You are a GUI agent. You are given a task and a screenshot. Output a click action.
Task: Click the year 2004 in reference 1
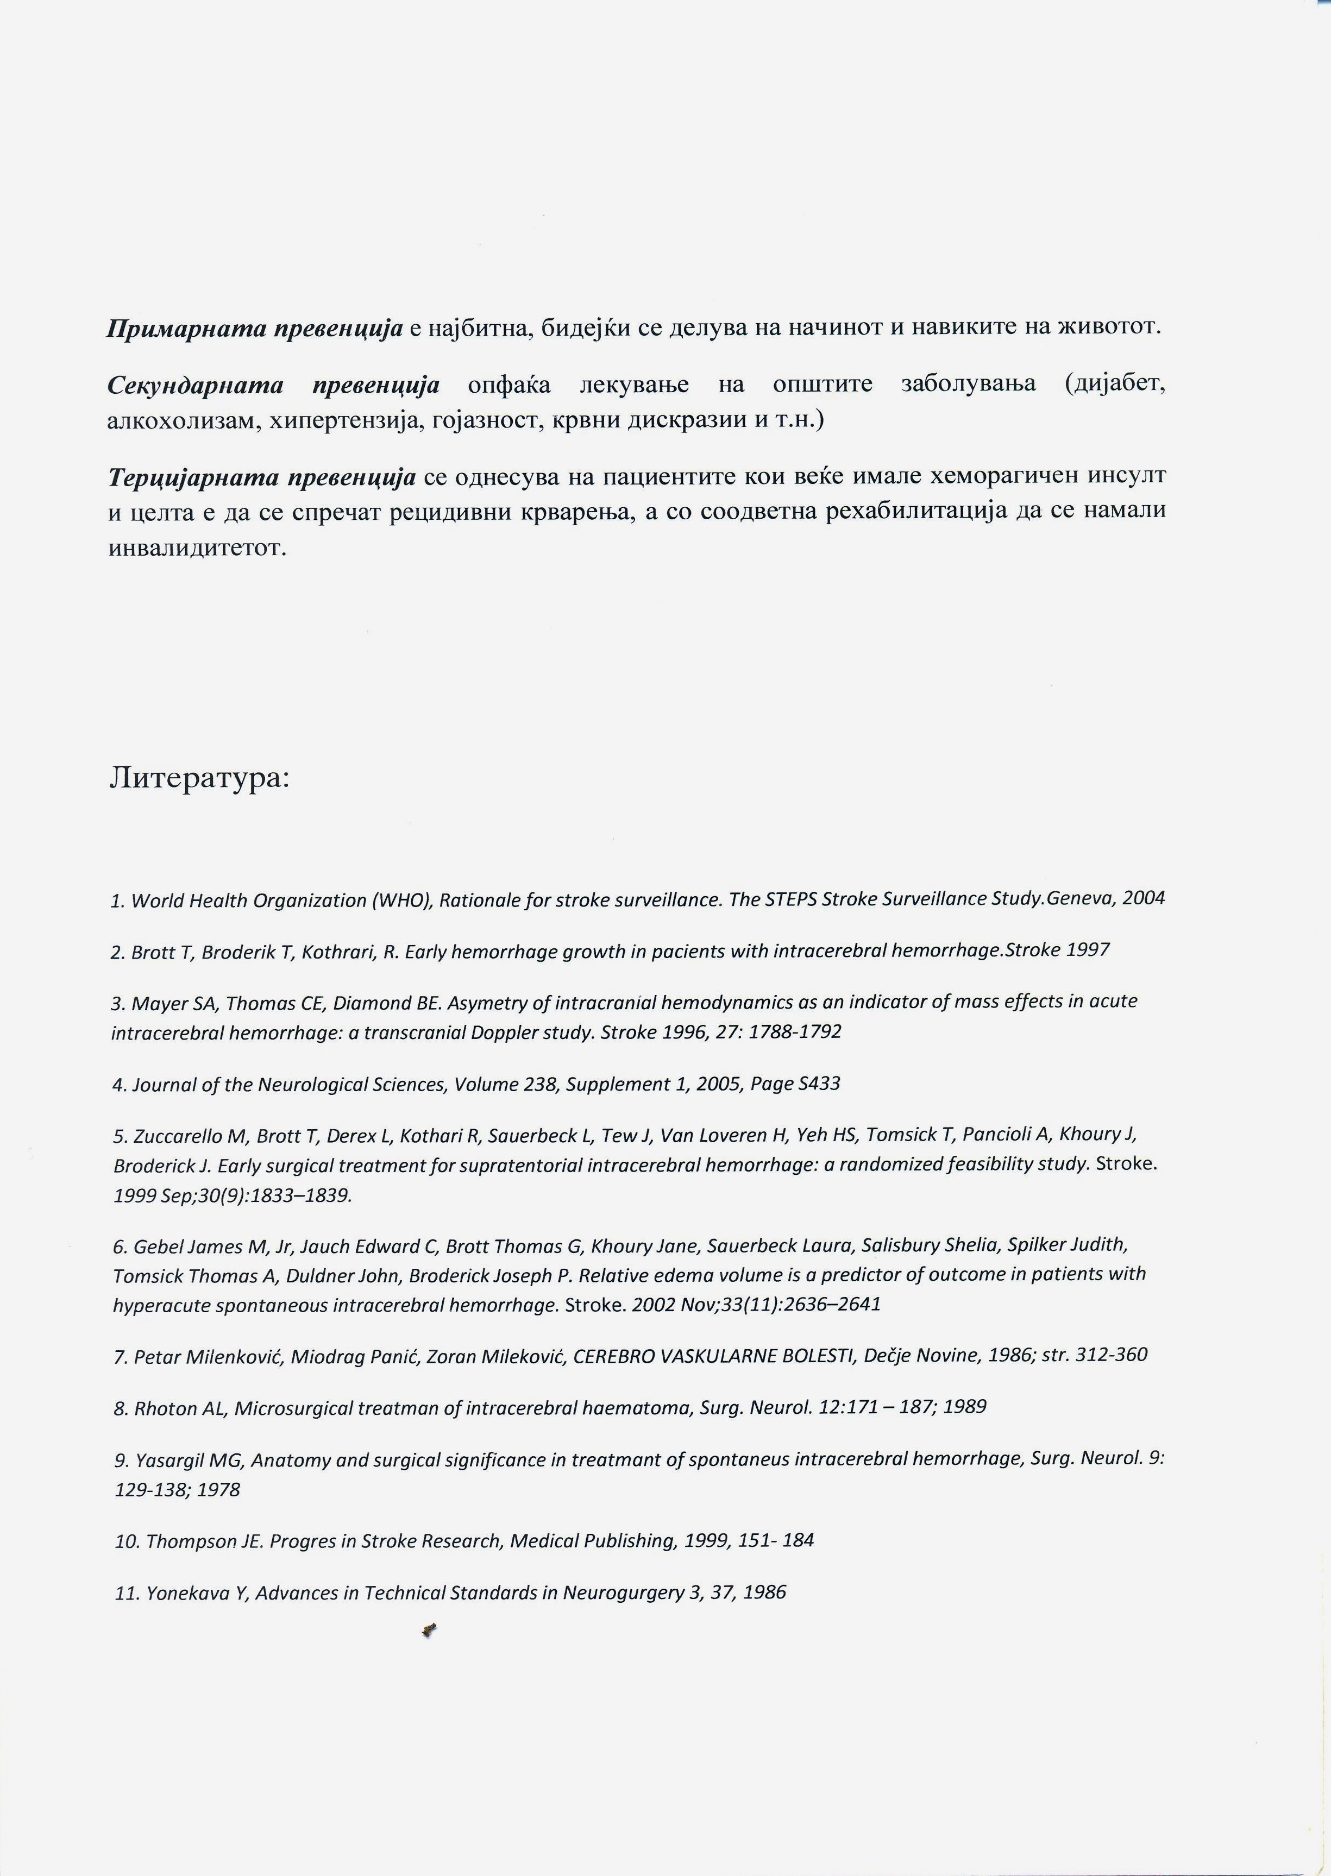(1144, 898)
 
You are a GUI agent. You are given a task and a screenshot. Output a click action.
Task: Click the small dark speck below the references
(430, 1631)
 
